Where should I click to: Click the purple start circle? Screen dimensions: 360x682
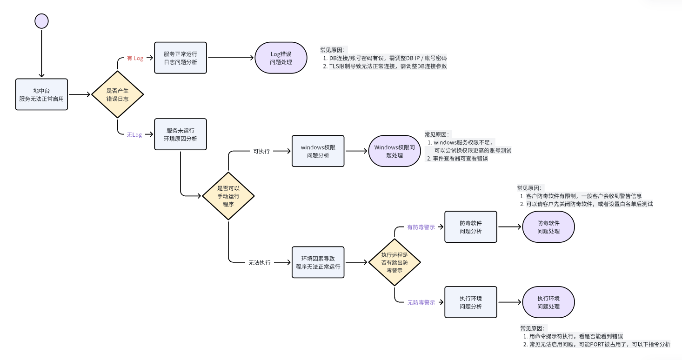pos(41,21)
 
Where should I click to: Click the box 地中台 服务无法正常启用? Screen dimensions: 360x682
pos(41,94)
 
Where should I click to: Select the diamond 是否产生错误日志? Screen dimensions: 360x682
pos(117,94)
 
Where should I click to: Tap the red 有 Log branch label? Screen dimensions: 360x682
pos(135,58)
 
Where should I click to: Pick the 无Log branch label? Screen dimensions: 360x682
pos(134,135)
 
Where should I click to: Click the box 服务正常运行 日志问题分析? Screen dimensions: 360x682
pos(181,58)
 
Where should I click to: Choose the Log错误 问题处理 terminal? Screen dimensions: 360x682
pos(281,58)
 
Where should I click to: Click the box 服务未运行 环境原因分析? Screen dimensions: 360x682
pos(181,134)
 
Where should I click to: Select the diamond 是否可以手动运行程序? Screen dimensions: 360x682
pos(228,196)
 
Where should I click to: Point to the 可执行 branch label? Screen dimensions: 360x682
pos(261,151)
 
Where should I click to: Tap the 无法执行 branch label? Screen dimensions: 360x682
pos(259,262)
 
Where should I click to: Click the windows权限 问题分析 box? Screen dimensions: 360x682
pos(318,151)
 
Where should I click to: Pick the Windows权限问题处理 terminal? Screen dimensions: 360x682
pos(394,151)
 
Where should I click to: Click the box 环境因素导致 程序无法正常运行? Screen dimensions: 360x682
pos(318,262)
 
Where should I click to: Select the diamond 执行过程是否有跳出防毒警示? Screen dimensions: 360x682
pos(394,262)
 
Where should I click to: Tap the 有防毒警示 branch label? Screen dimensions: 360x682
pos(421,227)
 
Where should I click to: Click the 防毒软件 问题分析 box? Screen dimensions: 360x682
pos(470,227)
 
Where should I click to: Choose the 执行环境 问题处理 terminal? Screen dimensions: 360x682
pos(548,302)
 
